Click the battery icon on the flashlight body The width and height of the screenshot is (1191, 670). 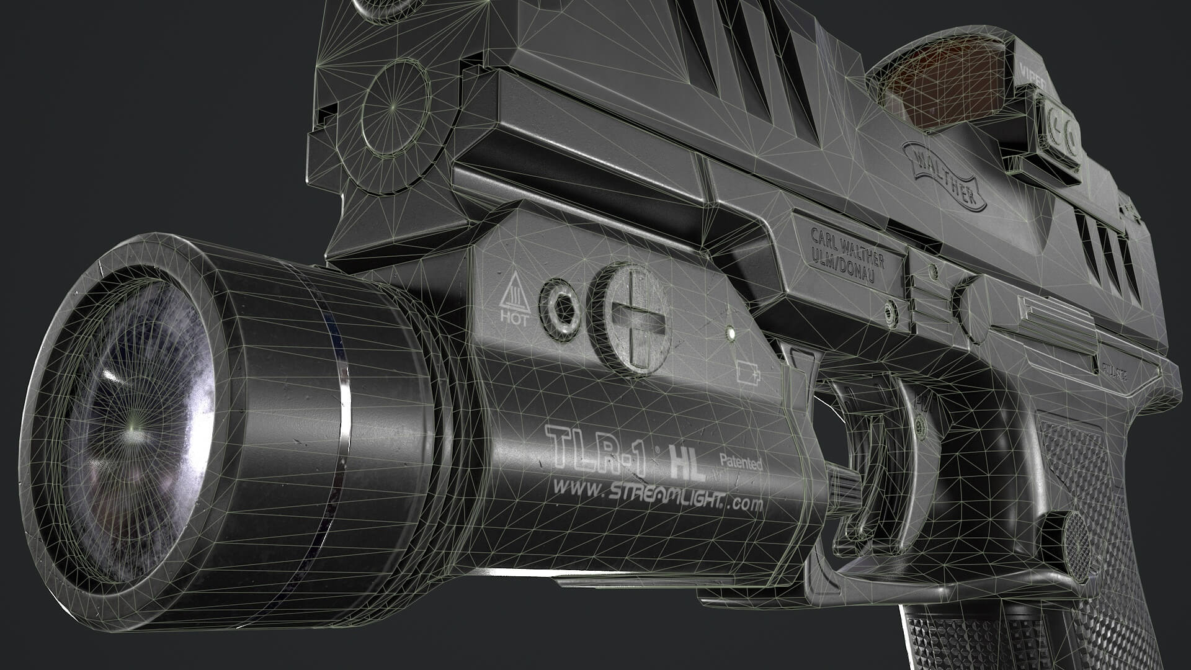748,372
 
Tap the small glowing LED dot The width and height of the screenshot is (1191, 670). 732,333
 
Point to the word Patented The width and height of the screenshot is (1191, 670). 740,462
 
